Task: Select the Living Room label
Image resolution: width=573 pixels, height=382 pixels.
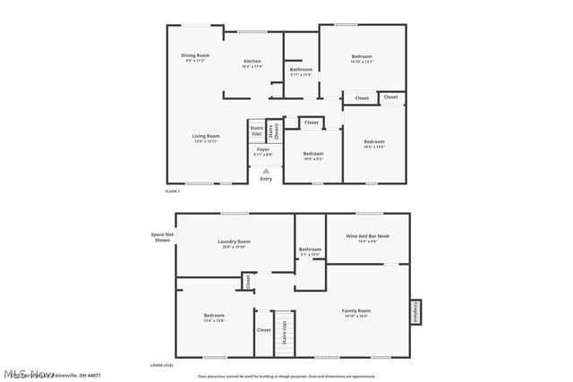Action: click(206, 138)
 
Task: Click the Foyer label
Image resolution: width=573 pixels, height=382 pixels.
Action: click(262, 152)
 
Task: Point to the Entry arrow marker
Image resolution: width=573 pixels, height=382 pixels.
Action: click(265, 170)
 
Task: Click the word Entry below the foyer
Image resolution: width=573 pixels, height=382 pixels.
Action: click(266, 179)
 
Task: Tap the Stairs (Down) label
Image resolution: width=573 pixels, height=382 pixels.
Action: click(272, 131)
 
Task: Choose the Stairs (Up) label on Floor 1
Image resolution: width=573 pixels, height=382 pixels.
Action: click(255, 131)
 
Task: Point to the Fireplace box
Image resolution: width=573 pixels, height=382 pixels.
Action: click(415, 311)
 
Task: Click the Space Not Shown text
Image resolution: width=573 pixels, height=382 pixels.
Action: click(162, 238)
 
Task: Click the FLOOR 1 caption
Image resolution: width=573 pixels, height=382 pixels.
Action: click(173, 191)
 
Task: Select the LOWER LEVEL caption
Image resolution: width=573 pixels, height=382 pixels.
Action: click(161, 365)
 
